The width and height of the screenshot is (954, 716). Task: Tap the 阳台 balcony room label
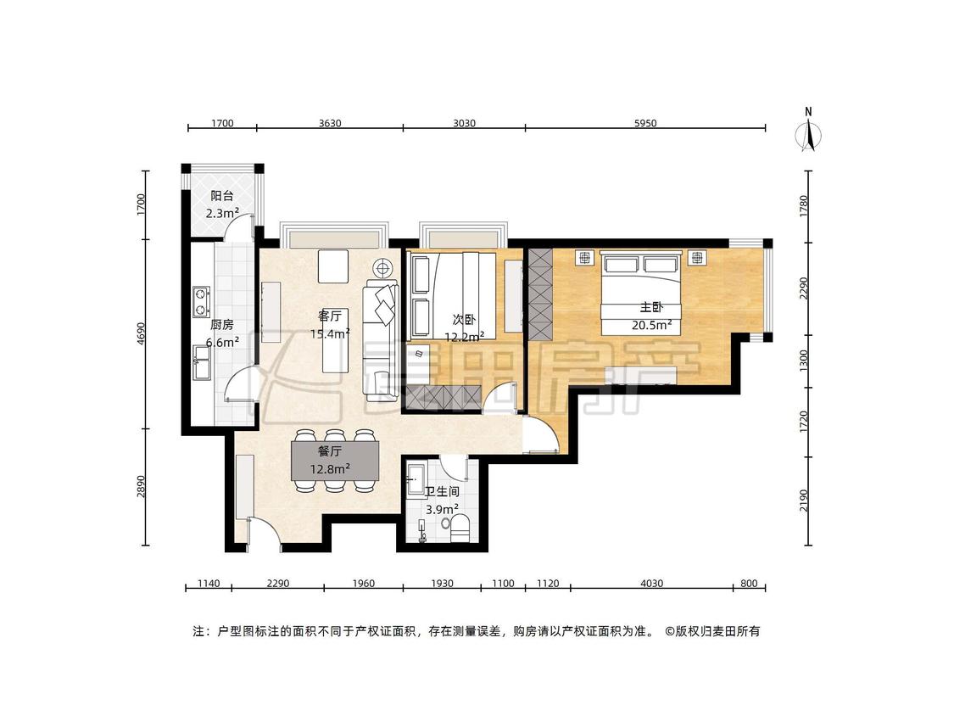(222, 196)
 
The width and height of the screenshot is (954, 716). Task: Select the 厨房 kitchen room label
(221, 325)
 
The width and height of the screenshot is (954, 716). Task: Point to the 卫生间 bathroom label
(441, 491)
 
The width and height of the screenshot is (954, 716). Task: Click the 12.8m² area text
(330, 469)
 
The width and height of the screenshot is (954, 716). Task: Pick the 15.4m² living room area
(330, 333)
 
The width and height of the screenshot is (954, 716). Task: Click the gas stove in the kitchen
(201, 302)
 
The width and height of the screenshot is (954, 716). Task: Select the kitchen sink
(201, 361)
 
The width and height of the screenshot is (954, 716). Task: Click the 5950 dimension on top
(645, 123)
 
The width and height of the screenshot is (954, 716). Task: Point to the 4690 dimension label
(141, 333)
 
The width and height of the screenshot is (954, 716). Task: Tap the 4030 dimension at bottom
(651, 584)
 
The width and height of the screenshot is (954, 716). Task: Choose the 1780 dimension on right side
(805, 206)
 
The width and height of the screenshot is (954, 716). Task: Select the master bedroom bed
(640, 292)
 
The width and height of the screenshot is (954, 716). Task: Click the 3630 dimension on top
(330, 123)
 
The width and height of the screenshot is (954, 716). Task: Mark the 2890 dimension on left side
(141, 487)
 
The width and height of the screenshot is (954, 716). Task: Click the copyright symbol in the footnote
(670, 631)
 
